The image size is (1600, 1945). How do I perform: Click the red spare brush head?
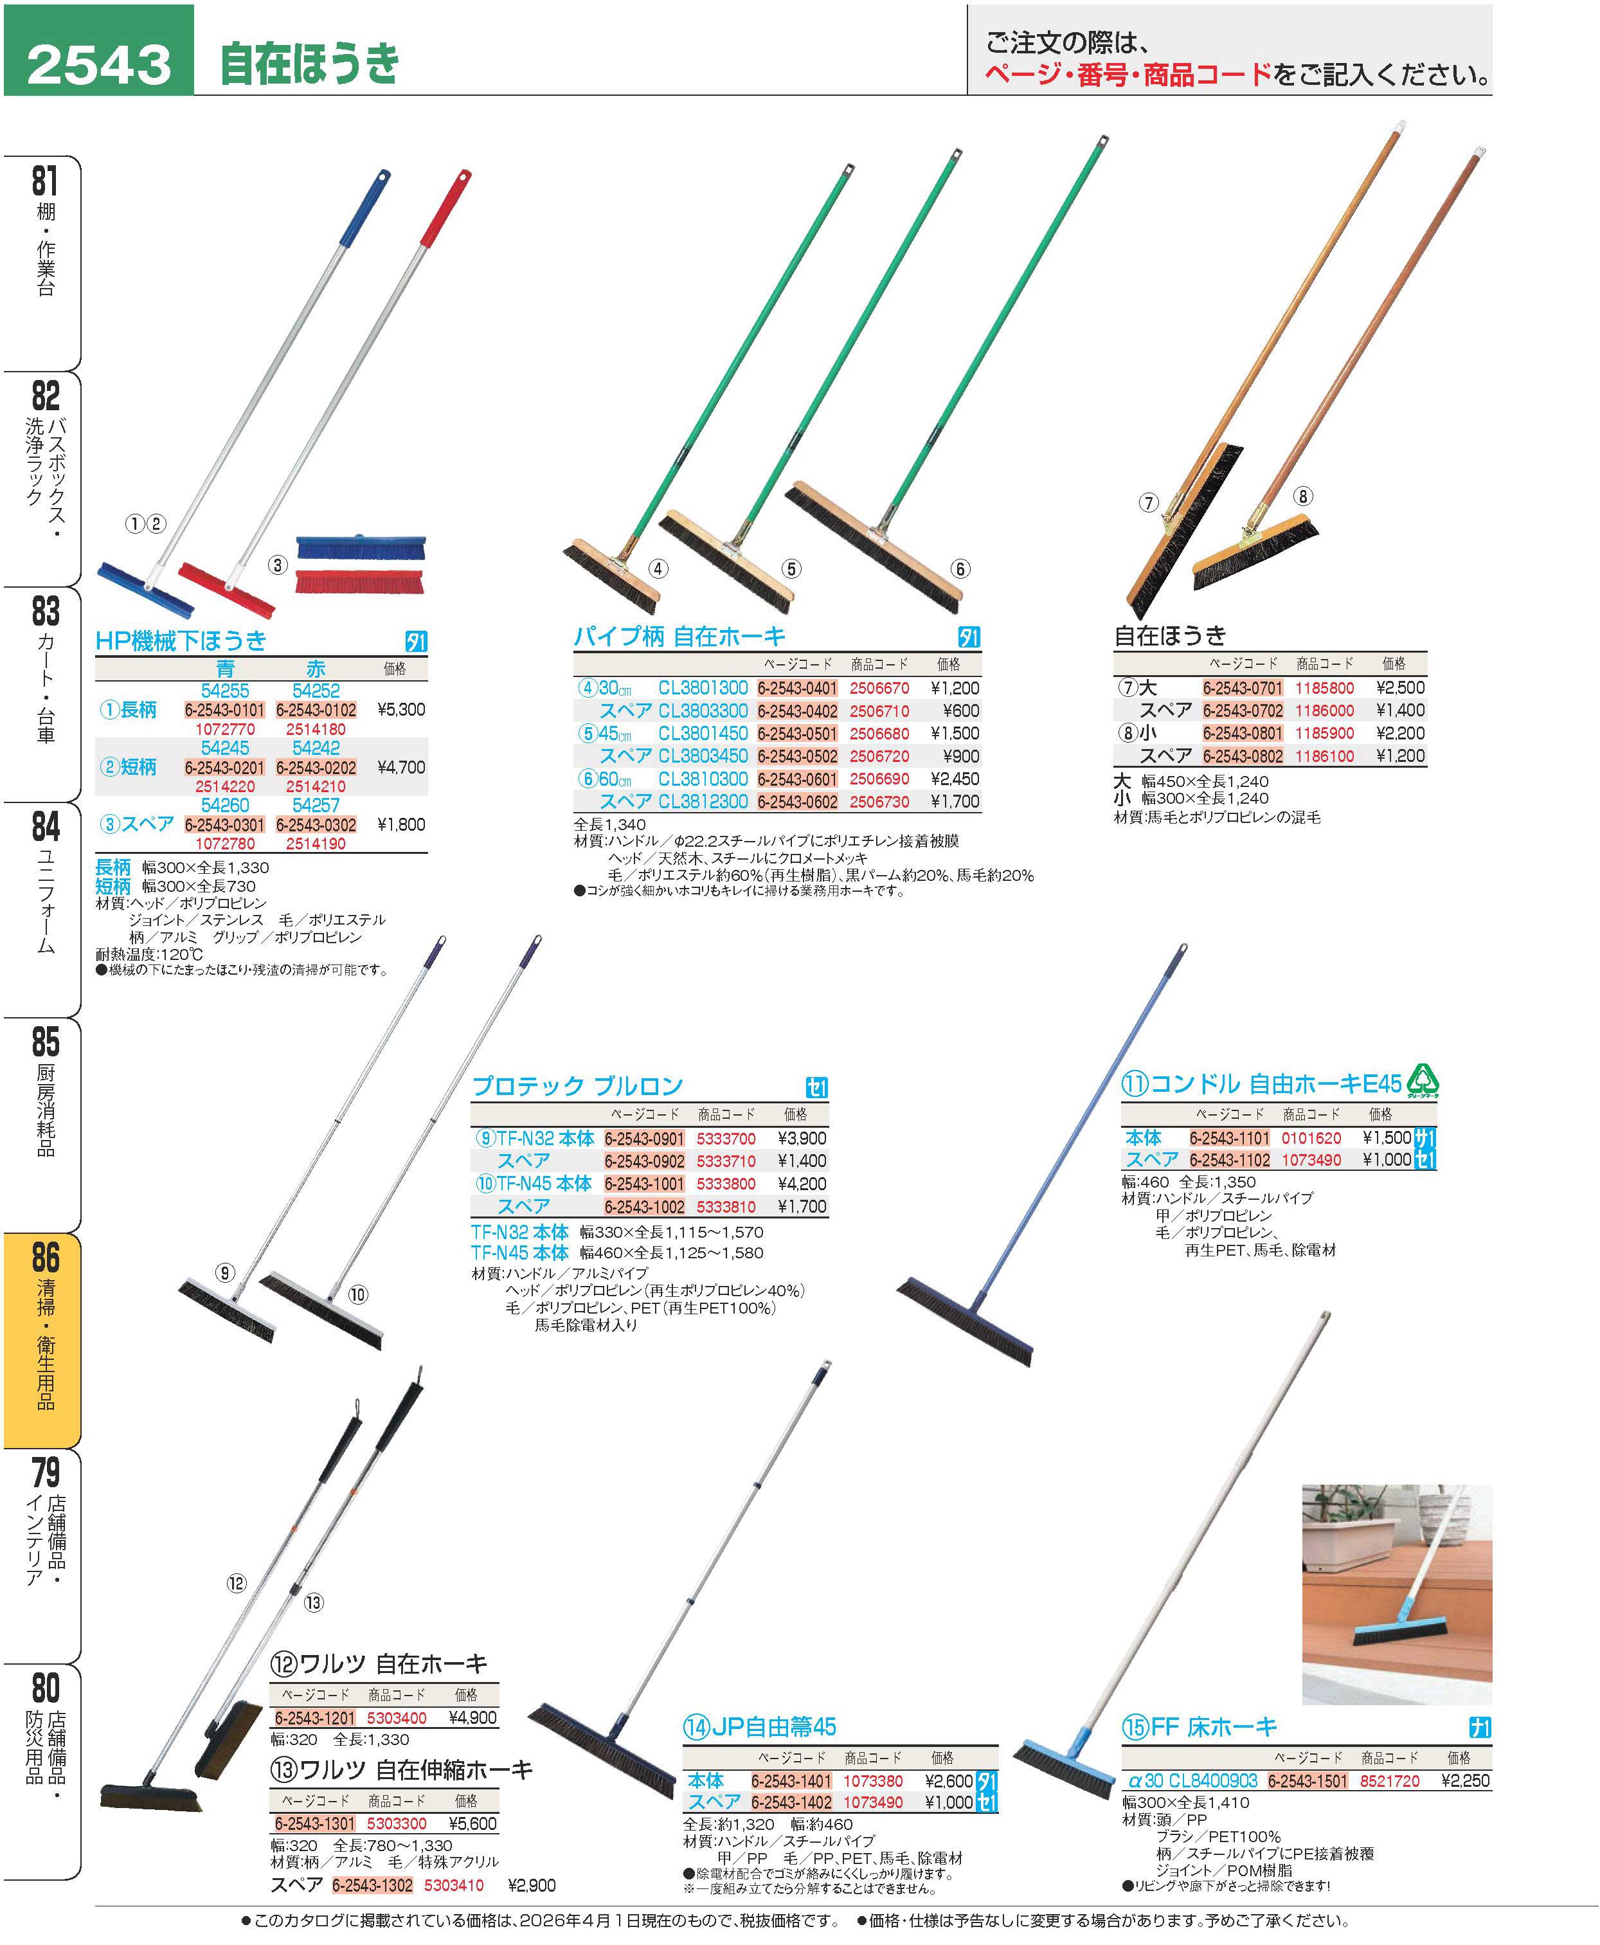tap(359, 582)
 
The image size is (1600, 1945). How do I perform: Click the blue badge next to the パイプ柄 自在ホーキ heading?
tap(969, 637)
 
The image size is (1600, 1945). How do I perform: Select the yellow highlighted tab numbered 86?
tap(42, 1339)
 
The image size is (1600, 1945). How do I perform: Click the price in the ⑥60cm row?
tap(955, 779)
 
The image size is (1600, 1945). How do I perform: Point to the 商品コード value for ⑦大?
tap(1324, 688)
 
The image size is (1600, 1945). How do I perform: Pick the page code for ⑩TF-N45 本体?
tap(644, 1184)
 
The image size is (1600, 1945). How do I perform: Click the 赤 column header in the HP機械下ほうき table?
tap(316, 670)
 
